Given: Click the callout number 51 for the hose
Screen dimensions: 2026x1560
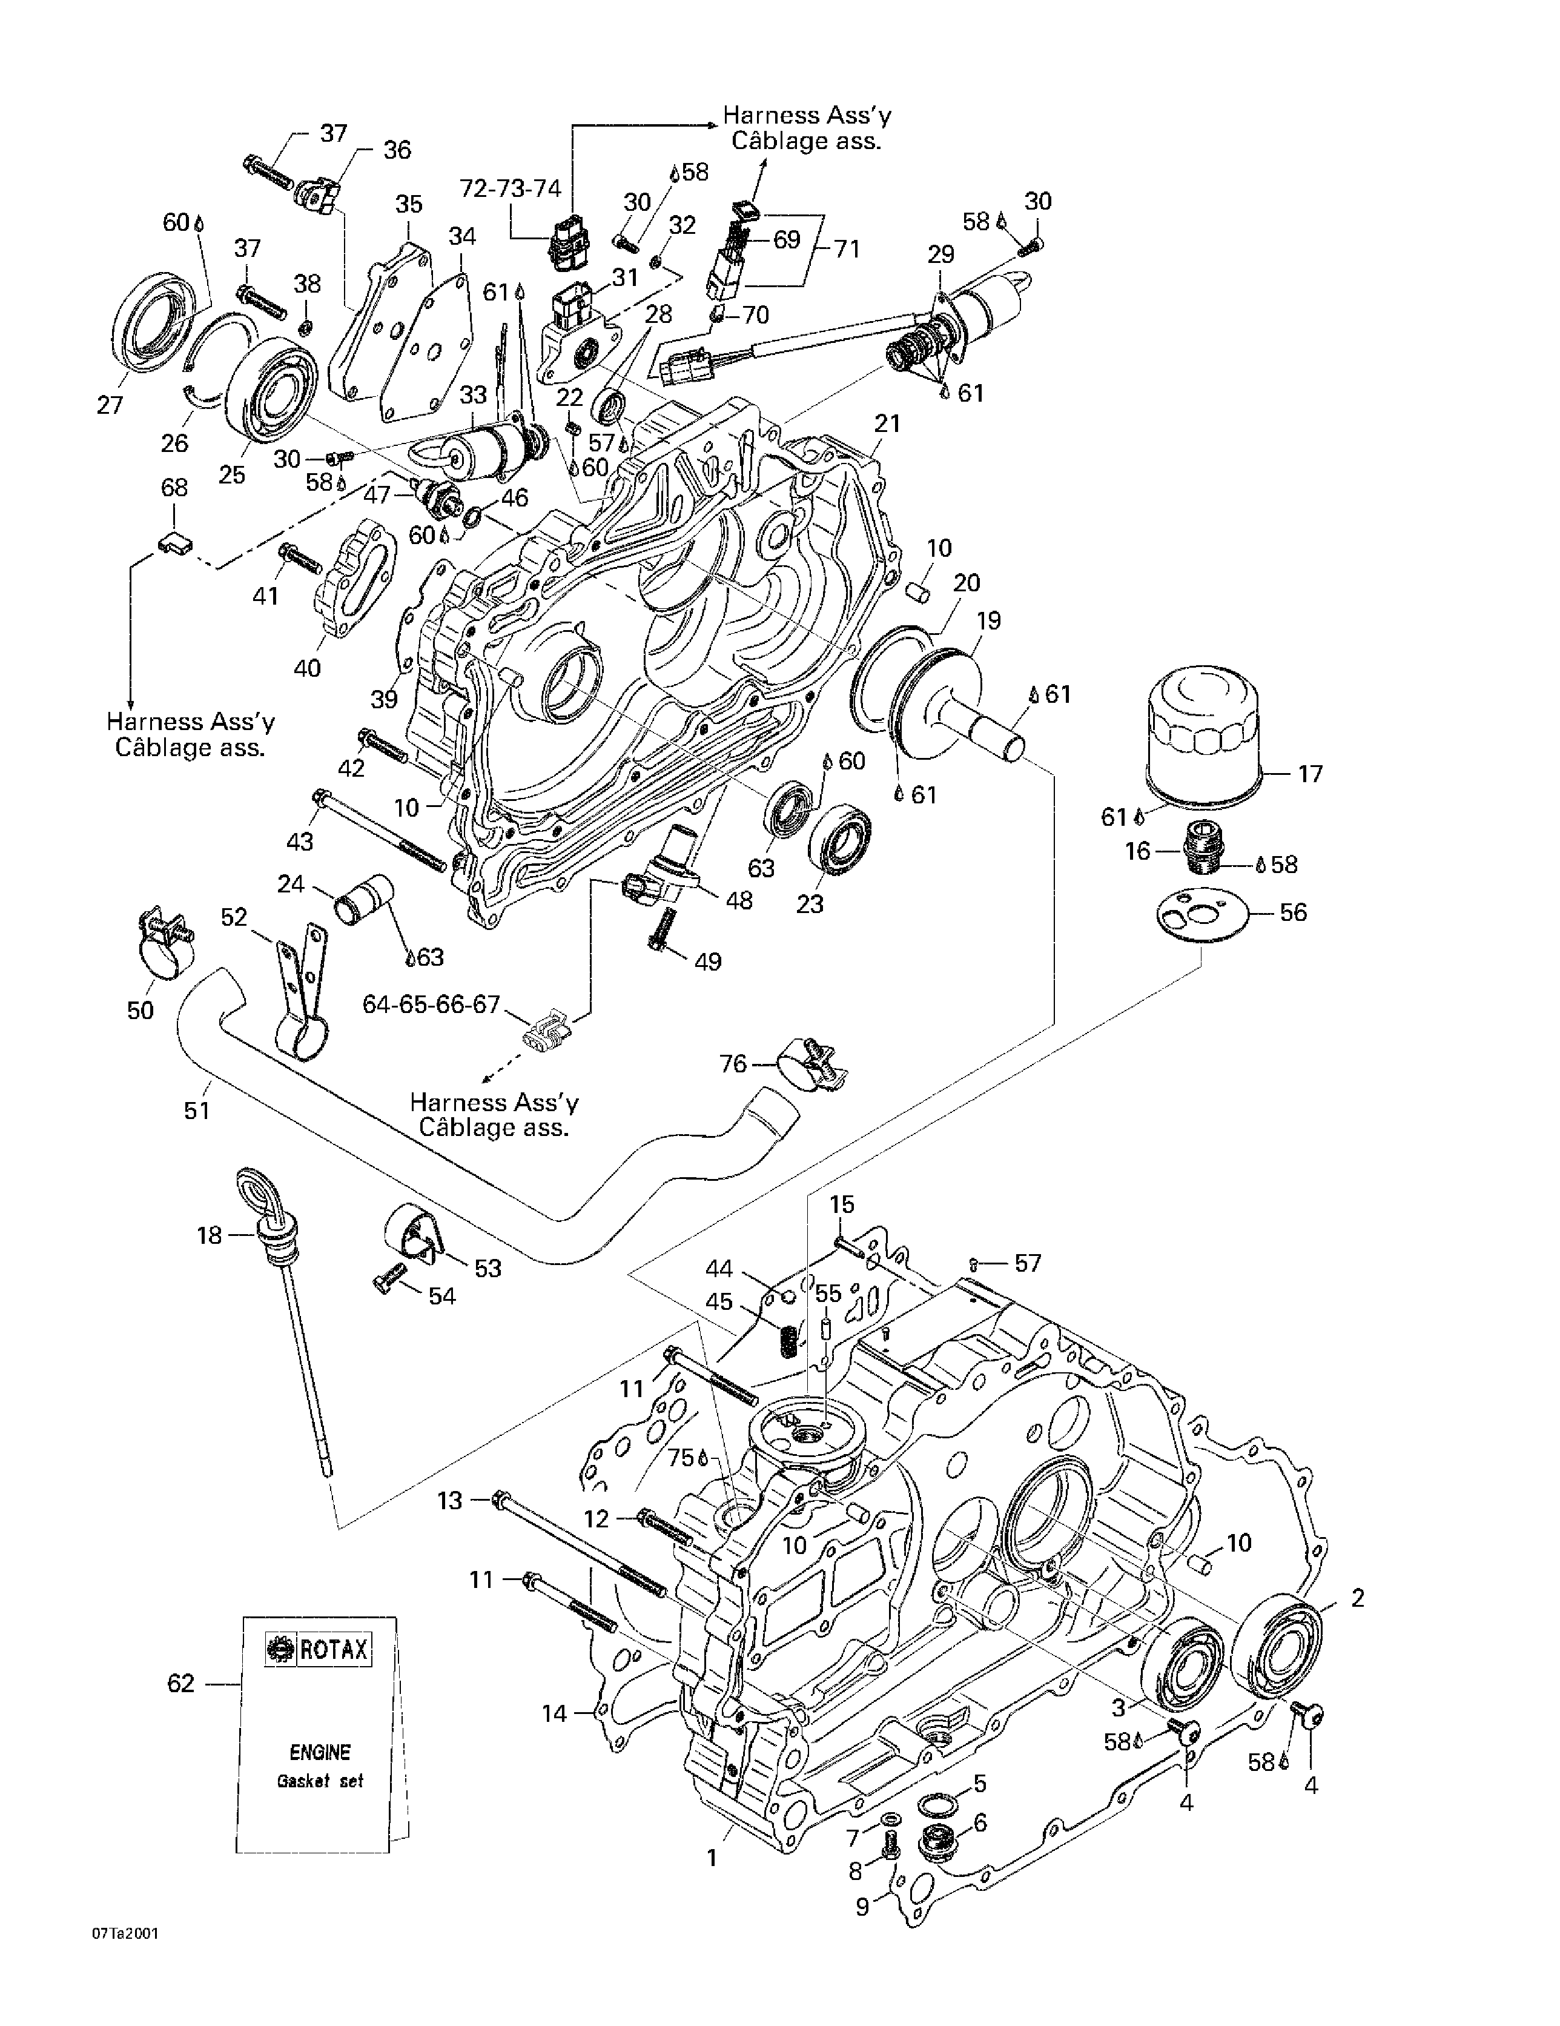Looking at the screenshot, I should (197, 1109).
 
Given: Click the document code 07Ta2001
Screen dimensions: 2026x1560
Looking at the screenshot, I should (124, 1933).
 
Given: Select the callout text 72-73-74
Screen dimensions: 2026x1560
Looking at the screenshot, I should (510, 188).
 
